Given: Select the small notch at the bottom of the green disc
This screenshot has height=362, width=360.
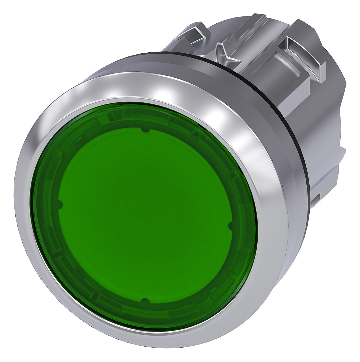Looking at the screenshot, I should coord(145,300).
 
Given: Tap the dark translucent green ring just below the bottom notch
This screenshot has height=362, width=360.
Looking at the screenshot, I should coord(145,313).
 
